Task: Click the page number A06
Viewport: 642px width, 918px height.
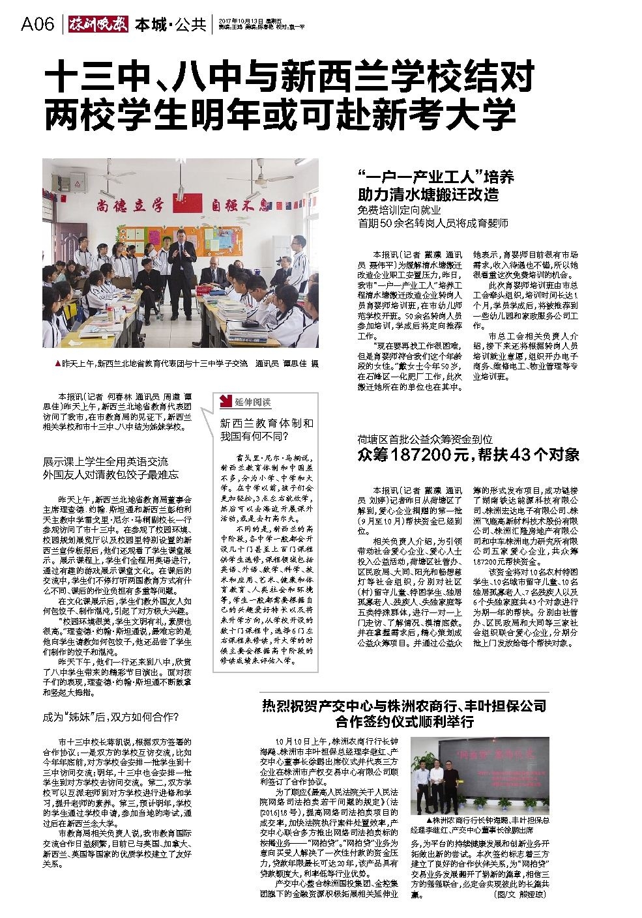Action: [x=37, y=24]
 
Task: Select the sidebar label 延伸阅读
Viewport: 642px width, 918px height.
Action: [x=253, y=401]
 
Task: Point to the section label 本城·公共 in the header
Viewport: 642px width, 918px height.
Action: [x=170, y=25]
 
